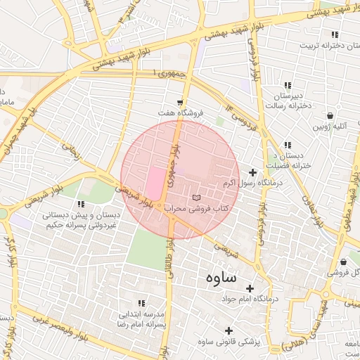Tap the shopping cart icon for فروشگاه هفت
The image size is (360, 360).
click(181, 101)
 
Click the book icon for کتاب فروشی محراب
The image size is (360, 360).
click(196, 196)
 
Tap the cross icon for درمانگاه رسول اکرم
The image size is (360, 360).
click(253, 172)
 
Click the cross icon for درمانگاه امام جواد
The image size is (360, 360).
click(250, 288)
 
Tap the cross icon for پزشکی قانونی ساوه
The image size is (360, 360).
click(229, 330)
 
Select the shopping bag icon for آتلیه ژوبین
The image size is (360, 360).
click(330, 115)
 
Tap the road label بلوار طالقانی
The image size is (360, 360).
click(169, 260)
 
